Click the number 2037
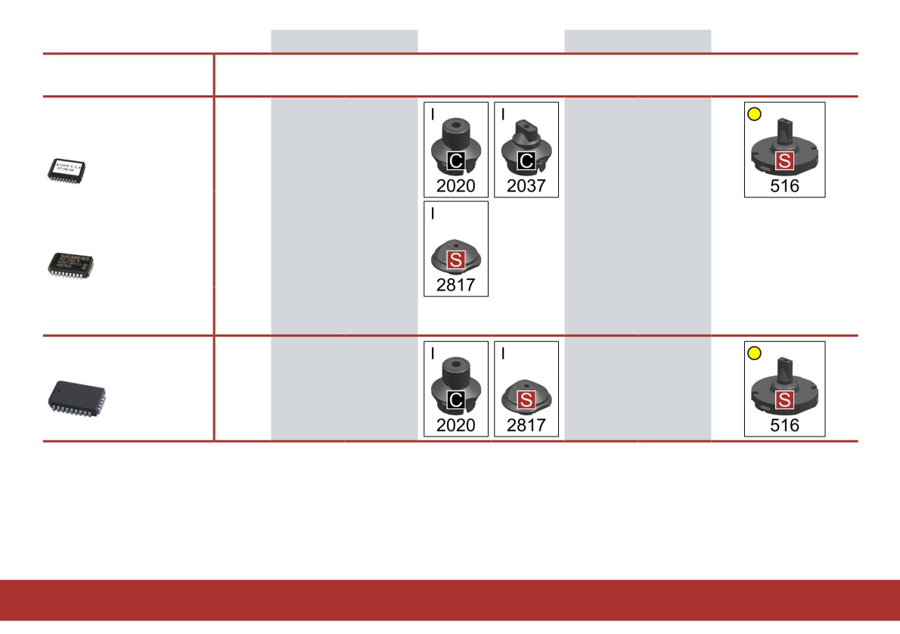coord(526,185)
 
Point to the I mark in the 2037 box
coord(503,115)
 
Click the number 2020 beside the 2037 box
coord(456,185)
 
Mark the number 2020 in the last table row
coord(456,425)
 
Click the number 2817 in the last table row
coord(526,425)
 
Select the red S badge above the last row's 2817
coord(526,399)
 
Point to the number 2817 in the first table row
coord(456,285)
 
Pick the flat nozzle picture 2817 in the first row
coord(456,253)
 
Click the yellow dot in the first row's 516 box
coord(754,113)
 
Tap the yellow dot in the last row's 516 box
coord(754,353)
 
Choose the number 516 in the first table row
coord(784,185)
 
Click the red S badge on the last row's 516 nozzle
coord(784,400)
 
